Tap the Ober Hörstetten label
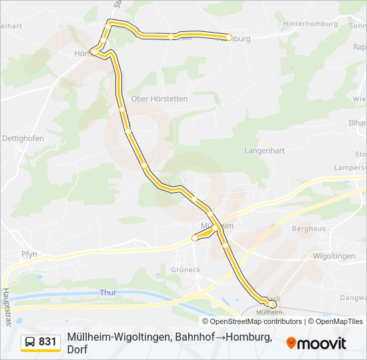click(159, 99)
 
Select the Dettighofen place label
click(23, 138)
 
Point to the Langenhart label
click(264, 151)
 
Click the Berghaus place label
click(308, 228)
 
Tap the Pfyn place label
click(29, 254)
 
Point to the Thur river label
click(107, 293)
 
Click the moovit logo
click(316, 343)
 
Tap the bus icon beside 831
click(31, 342)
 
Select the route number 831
click(47, 342)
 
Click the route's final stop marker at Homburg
click(229, 37)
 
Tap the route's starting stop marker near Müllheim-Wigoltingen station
click(271, 304)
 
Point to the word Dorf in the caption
click(77, 349)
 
